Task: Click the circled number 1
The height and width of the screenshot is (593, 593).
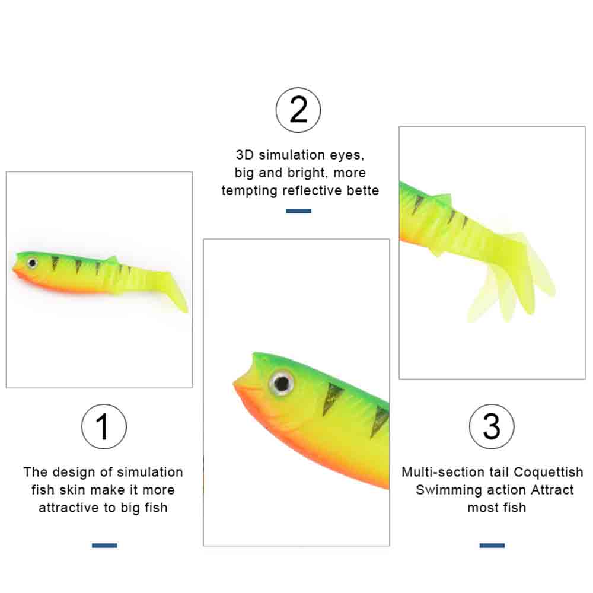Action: tap(104, 426)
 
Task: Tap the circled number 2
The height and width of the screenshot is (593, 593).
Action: tap(298, 110)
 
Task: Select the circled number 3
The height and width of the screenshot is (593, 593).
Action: tap(491, 426)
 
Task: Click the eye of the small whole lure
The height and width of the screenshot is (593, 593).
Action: tap(33, 263)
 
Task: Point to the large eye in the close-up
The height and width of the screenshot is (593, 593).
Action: tap(282, 384)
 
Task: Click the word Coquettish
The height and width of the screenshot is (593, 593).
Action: tap(549, 472)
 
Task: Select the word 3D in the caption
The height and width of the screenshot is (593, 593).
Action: tap(245, 155)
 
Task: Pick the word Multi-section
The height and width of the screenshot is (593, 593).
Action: tap(444, 472)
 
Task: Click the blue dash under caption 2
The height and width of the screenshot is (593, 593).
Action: tap(298, 211)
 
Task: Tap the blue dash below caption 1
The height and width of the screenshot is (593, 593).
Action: tap(104, 546)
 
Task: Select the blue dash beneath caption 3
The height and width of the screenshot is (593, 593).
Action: tap(492, 546)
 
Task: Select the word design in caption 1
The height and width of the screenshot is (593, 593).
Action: tap(74, 472)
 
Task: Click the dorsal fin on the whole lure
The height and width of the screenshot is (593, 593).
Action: tap(111, 260)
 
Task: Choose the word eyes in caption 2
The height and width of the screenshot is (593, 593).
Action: tap(347, 155)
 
